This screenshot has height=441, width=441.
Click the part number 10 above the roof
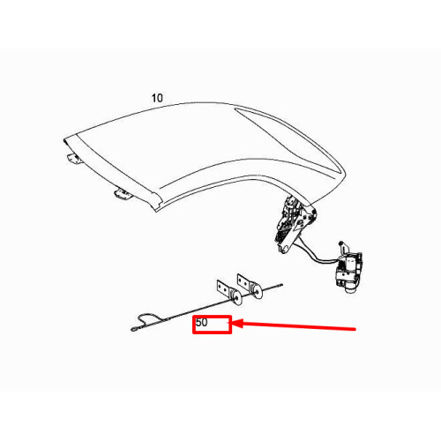(156, 98)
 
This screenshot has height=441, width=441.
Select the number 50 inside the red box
(202, 324)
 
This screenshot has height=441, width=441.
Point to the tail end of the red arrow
(355, 330)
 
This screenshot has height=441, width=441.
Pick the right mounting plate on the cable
(241, 283)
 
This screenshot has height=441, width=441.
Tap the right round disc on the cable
(256, 288)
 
